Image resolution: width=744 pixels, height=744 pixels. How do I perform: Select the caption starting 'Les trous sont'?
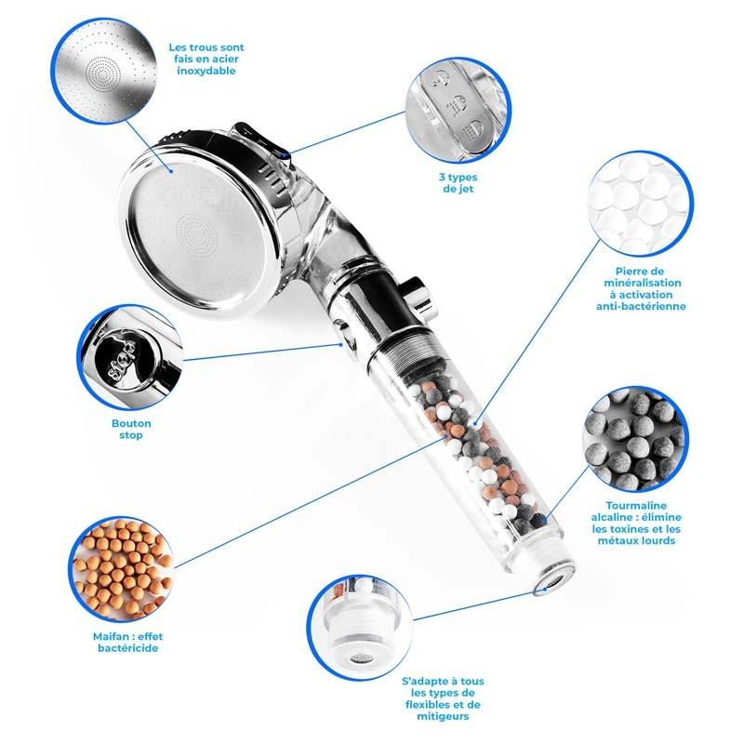click(207, 58)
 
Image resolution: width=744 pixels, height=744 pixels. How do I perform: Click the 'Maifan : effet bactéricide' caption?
click(122, 642)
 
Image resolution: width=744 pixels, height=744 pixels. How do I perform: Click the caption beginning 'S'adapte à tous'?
click(443, 698)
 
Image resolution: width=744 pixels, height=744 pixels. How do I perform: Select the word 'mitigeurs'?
click(443, 716)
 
